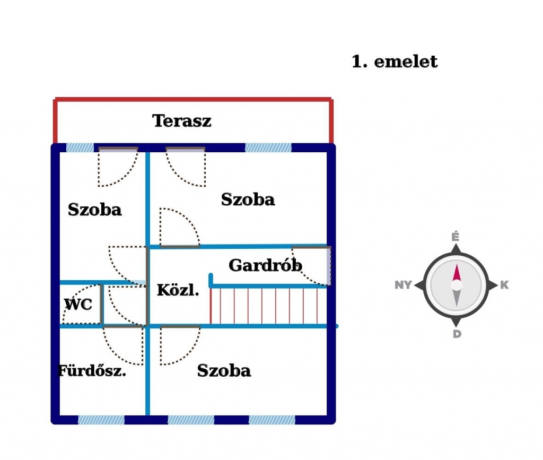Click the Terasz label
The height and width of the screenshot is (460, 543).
click(x=182, y=121)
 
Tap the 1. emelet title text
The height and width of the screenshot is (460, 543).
click(x=395, y=62)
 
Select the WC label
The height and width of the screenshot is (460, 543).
click(x=78, y=305)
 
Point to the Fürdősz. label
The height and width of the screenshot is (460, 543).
click(x=92, y=371)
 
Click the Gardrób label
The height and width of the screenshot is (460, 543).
click(x=265, y=265)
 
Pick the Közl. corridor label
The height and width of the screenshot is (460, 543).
click(x=178, y=290)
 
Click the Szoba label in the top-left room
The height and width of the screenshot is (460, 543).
click(x=95, y=210)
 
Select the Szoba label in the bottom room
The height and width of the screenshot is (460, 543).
click(x=224, y=370)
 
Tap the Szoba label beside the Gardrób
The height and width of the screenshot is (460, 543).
click(x=248, y=199)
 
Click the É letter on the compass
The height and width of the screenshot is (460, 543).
click(x=456, y=237)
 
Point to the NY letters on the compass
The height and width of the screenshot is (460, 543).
click(x=404, y=285)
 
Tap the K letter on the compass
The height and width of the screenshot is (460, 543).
click(x=504, y=285)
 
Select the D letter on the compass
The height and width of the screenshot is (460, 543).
click(x=457, y=334)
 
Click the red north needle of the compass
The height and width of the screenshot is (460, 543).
click(x=456, y=273)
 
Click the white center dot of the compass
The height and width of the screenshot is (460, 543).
click(x=456, y=285)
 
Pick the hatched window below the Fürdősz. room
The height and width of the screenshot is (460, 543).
click(x=101, y=420)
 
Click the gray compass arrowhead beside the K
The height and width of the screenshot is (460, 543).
click(x=492, y=285)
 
